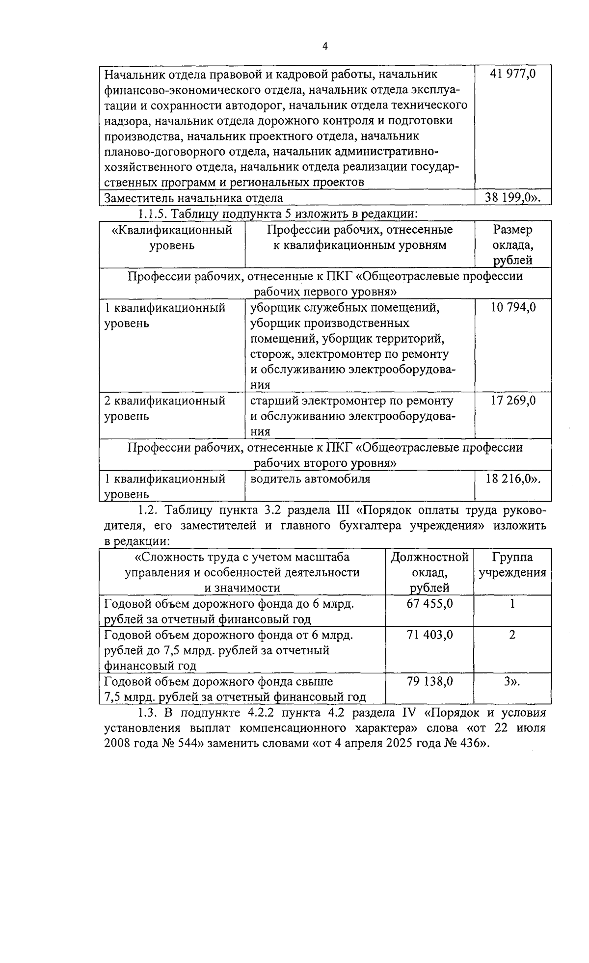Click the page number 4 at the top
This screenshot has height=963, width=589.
(x=324, y=46)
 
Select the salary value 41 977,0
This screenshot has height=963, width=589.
(x=512, y=74)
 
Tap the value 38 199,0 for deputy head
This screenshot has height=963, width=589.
(x=512, y=198)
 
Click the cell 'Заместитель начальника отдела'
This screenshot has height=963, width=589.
(x=194, y=198)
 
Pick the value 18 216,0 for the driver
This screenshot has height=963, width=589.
(x=512, y=479)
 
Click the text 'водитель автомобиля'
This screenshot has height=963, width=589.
(x=310, y=479)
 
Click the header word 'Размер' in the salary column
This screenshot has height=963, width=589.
(x=513, y=230)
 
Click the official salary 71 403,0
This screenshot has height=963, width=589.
(x=430, y=635)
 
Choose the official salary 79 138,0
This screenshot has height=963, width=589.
(x=430, y=682)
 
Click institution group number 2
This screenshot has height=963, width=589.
(x=512, y=635)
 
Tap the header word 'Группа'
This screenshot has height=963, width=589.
(x=512, y=557)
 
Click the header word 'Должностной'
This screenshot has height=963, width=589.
(x=429, y=557)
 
